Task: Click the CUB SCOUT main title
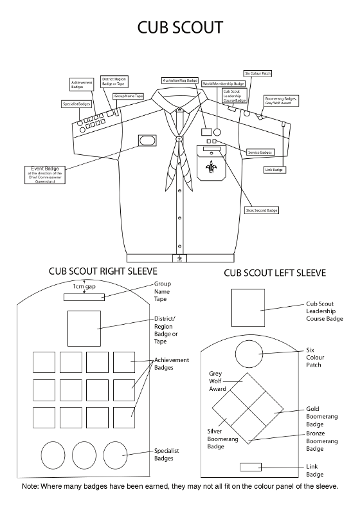point(181,27)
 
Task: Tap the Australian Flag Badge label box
point(180,80)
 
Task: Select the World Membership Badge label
point(223,84)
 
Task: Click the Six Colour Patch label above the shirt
point(257,74)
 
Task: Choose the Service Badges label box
point(260,152)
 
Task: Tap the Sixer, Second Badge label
point(262,210)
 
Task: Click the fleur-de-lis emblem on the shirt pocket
point(210,168)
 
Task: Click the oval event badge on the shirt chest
point(145,140)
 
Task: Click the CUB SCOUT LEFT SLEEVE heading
point(274,273)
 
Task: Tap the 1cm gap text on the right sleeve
point(84,286)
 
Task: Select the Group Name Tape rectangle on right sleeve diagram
point(83,296)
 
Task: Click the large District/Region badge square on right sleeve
point(84,328)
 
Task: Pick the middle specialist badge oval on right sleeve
point(84,455)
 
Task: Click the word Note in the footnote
point(32,487)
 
